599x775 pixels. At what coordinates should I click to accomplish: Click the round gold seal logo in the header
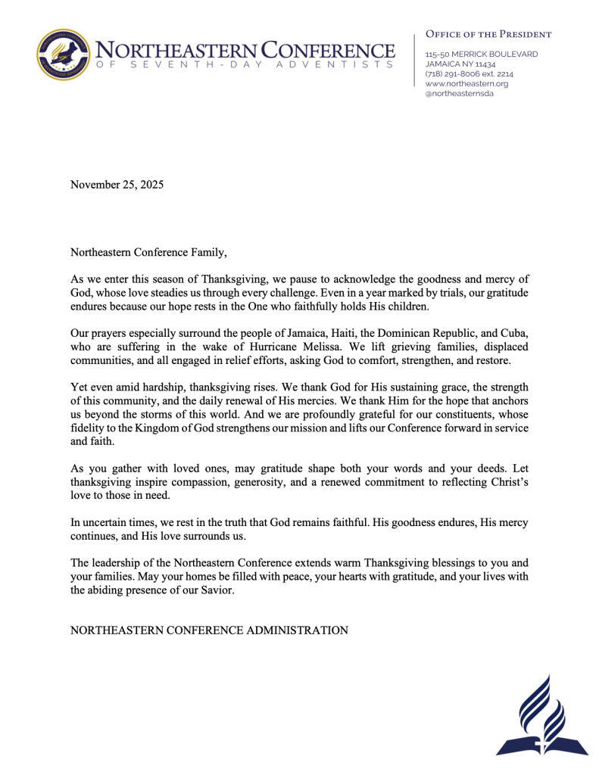point(64,55)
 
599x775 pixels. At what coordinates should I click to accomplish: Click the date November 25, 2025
point(117,184)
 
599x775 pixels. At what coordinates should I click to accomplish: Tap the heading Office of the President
point(488,34)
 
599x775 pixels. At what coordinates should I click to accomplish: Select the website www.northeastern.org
point(466,84)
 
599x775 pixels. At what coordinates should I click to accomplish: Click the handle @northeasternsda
point(460,94)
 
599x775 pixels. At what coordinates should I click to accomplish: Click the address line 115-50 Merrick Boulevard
point(482,54)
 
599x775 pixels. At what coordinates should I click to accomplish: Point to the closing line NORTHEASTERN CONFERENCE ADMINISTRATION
point(209,630)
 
